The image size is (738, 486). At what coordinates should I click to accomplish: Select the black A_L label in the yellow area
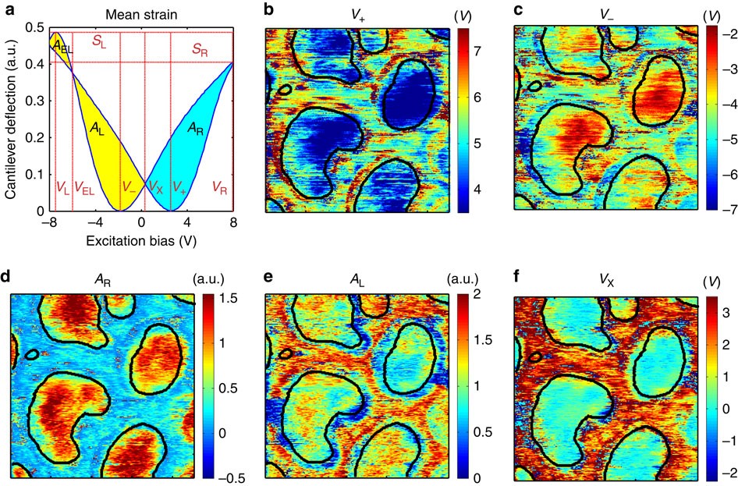pyautogui.click(x=97, y=128)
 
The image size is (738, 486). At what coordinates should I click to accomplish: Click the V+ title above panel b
pyautogui.click(x=358, y=14)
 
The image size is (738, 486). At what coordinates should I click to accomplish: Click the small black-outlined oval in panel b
pyautogui.click(x=286, y=90)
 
